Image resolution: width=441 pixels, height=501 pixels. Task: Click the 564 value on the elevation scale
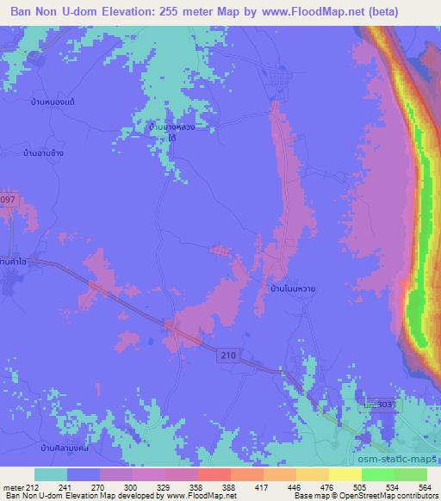coord(423,486)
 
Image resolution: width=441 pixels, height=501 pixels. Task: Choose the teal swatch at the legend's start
coord(51,474)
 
